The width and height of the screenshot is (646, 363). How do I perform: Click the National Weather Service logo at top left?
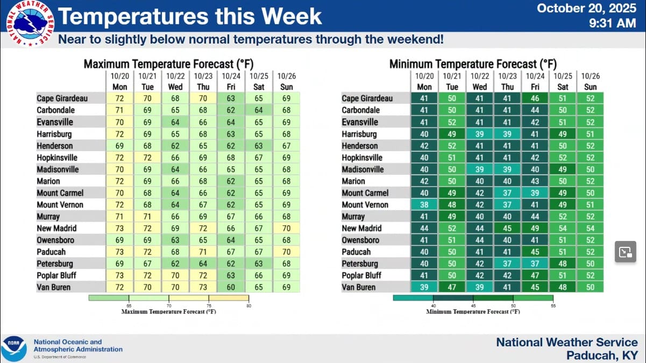(x=28, y=24)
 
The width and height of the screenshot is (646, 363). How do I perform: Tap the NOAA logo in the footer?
(x=13, y=348)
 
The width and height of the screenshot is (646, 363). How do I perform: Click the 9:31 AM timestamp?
(x=613, y=23)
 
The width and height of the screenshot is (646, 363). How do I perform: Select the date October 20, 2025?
(x=586, y=8)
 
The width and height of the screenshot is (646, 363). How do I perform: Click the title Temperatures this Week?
(x=190, y=16)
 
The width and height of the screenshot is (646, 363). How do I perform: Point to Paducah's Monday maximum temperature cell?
(x=119, y=252)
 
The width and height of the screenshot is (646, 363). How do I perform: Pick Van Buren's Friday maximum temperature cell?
(x=231, y=287)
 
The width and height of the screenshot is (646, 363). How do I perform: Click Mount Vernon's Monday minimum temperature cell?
(x=424, y=204)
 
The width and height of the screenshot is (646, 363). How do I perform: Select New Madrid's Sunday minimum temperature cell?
(x=590, y=228)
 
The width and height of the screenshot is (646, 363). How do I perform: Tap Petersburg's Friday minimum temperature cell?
(x=535, y=264)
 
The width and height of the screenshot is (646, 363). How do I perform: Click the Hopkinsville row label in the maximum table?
(x=57, y=158)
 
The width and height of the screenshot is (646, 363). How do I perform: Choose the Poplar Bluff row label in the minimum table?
(x=361, y=275)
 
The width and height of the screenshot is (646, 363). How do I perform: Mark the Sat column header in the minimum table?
(x=563, y=87)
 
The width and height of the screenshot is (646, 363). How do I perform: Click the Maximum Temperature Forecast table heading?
(x=166, y=64)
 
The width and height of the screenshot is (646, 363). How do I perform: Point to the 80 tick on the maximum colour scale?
(x=249, y=305)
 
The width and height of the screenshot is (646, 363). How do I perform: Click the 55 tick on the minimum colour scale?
(x=553, y=305)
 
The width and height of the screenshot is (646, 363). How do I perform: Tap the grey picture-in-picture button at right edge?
(x=625, y=252)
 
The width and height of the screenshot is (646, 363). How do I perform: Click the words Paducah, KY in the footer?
(x=602, y=355)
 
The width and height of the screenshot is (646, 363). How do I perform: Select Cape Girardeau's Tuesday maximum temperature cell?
(x=147, y=98)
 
